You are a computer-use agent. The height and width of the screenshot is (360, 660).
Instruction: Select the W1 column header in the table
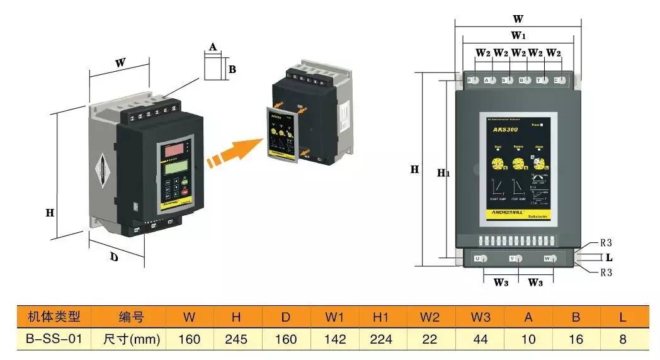[x=335, y=317]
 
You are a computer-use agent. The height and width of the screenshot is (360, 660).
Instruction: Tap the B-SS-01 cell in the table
[x=54, y=339]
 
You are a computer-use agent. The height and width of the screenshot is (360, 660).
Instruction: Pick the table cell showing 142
[x=335, y=339]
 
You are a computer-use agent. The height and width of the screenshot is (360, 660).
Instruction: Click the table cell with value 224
[x=382, y=339]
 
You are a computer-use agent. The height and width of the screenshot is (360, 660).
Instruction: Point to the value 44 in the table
[x=480, y=339]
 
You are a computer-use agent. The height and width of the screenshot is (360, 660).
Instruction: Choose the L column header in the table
[x=623, y=317]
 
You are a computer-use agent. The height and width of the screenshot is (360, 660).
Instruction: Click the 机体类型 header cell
[x=54, y=317]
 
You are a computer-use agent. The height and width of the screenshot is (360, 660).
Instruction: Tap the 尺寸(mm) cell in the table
[x=131, y=339]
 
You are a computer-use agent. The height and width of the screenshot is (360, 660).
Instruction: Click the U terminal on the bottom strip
[x=479, y=259]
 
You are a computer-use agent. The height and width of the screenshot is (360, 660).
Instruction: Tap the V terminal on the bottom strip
[x=513, y=259]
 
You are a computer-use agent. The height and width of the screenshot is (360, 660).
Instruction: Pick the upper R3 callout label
[x=606, y=243]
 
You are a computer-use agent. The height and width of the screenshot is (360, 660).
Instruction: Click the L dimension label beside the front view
[x=609, y=257]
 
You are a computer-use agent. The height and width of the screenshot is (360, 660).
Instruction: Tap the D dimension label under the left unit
[x=115, y=257]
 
